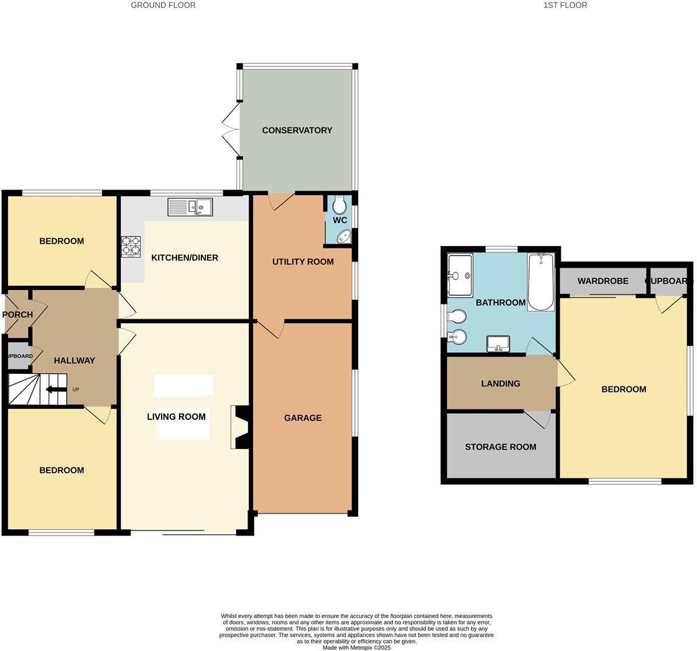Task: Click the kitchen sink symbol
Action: click(190, 207)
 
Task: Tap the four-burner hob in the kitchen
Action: click(131, 247)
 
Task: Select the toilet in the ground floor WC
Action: click(339, 204)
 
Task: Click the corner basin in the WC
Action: click(343, 237)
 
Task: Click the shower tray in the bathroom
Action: click(459, 275)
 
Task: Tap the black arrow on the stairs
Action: click(56, 390)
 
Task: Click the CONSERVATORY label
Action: click(297, 130)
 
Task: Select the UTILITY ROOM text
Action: click(303, 262)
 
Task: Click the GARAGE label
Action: click(303, 418)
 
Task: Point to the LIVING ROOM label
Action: click(176, 417)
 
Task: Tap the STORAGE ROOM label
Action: click(501, 447)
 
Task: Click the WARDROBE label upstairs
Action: click(602, 281)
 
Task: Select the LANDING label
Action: click(501, 384)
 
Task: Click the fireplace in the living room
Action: click(239, 427)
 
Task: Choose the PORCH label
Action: click(17, 314)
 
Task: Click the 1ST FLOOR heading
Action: click(565, 5)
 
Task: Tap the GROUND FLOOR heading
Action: click(163, 5)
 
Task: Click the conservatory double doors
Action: click(231, 130)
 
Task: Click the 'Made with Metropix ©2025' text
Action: click(356, 647)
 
